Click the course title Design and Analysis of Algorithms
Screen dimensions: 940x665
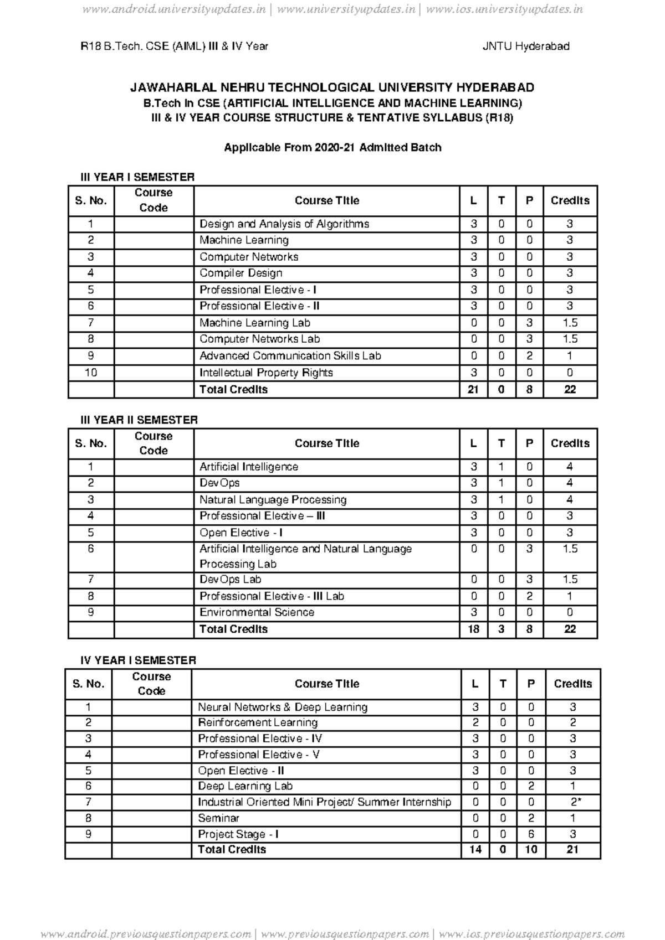pos(284,224)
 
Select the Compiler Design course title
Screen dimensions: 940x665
pos(241,273)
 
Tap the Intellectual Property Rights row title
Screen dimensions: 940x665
pos(266,373)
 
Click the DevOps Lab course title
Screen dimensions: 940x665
pos(230,580)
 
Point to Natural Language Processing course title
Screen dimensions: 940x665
pos(273,500)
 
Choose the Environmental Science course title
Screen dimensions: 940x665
pos(257,612)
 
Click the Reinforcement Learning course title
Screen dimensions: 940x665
pos(258,722)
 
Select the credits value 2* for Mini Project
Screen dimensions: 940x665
pos(573,802)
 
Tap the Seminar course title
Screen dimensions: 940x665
pos(218,818)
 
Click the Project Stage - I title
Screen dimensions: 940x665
pos(238,834)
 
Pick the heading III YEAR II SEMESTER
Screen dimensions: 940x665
pos(139,420)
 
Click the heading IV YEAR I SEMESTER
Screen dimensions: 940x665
pos(138,660)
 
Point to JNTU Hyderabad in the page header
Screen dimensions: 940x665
pos(525,47)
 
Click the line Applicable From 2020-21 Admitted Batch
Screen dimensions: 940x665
pos(332,148)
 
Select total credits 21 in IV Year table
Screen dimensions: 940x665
pos(572,850)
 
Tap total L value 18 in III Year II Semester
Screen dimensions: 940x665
pos(473,629)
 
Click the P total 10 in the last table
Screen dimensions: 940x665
pos(530,850)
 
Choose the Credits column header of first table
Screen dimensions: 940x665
pos(570,200)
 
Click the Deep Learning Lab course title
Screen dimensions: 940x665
pos(245,786)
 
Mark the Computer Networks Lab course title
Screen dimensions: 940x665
pos(259,339)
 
